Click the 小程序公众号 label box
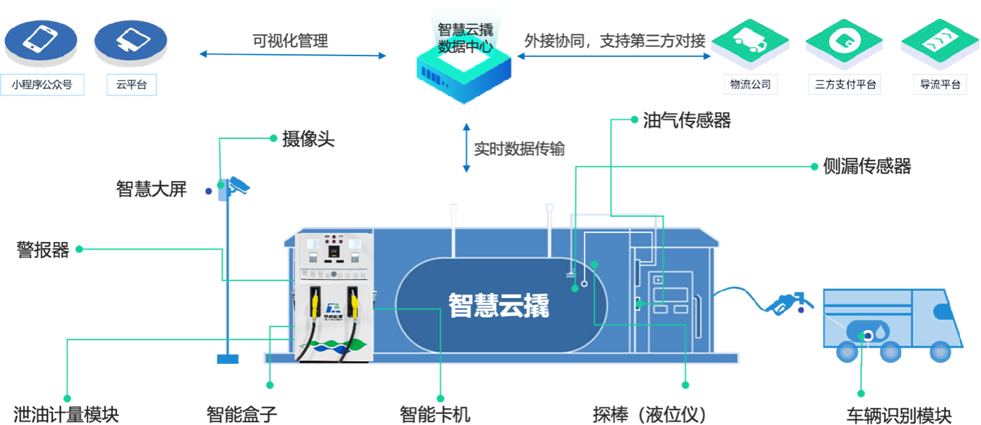42,86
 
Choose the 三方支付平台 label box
843,86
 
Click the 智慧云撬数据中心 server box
464,60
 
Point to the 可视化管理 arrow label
290,41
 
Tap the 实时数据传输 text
519,149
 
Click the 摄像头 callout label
308,140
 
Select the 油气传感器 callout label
687,121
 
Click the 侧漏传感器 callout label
867,167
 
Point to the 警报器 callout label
43,250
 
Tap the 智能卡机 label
435,414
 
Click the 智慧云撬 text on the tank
499,305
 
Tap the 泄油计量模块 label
66,414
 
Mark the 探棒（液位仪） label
648,414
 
